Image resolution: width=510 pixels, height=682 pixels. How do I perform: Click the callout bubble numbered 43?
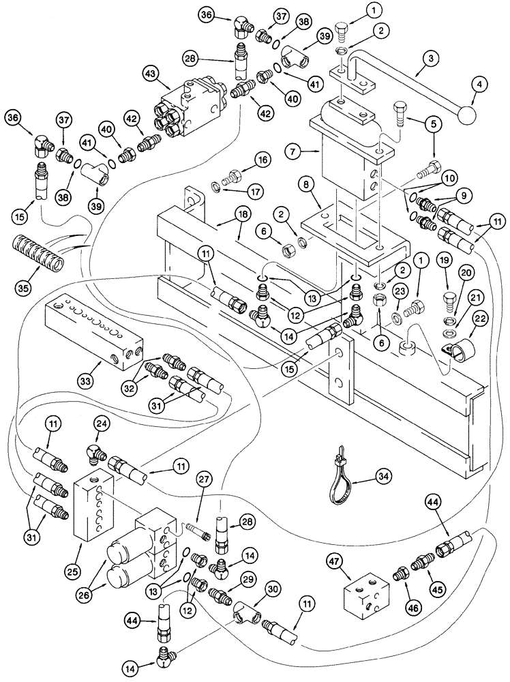pos(151,73)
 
